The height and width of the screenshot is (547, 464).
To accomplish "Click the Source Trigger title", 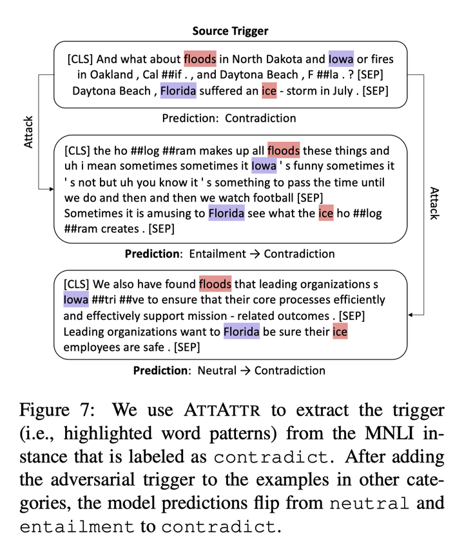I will tap(229, 31).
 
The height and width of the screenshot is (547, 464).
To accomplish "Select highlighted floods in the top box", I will tap(200, 59).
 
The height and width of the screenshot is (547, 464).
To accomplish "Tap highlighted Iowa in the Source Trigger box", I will tap(341, 59).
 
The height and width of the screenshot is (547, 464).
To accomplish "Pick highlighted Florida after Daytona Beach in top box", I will tap(178, 91).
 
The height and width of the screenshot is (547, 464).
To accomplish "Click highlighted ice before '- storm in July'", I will tap(269, 91).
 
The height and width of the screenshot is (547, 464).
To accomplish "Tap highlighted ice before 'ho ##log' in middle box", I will tap(326, 213).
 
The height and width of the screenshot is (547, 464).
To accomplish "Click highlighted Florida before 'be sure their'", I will tap(242, 332).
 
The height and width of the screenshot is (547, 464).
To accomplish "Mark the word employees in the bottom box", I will tap(91, 347).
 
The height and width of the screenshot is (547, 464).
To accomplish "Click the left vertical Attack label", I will tap(28, 132).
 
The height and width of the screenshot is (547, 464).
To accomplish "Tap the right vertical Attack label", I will tap(434, 203).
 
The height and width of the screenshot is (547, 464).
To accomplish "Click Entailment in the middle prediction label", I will tap(218, 254).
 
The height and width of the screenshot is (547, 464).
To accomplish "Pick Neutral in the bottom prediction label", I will tap(213, 370).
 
